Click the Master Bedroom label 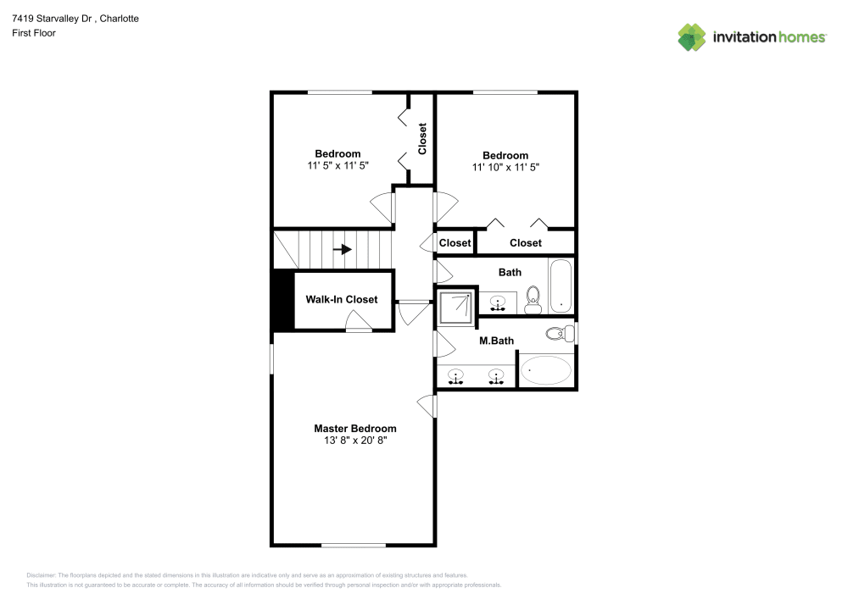[x=354, y=429]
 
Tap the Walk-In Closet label [x=341, y=300]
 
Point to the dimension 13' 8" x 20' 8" [x=354, y=441]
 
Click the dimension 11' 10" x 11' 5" [x=505, y=168]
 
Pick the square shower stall [x=455, y=307]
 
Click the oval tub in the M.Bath [x=545, y=370]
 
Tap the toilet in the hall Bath [x=533, y=298]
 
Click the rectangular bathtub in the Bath [x=561, y=286]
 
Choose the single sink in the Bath [x=499, y=302]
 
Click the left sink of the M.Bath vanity [x=457, y=376]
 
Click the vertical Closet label [x=422, y=139]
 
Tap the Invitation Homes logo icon [x=691, y=36]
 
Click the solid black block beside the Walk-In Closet [x=281, y=302]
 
